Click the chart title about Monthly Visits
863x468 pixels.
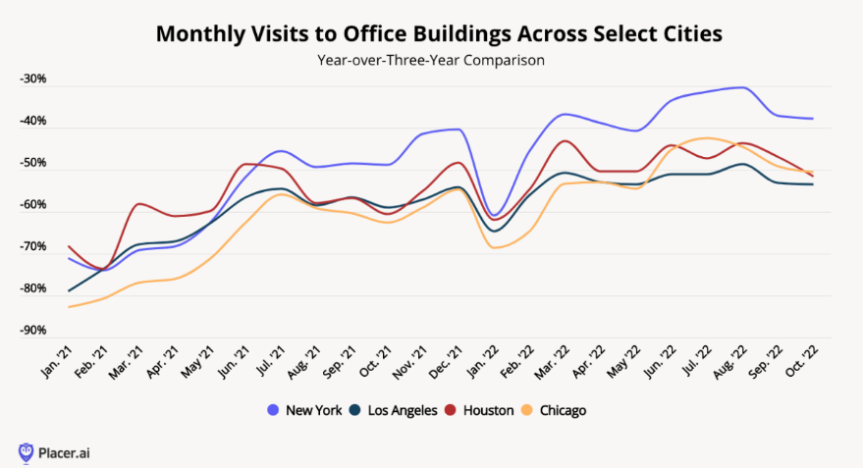pos(439,33)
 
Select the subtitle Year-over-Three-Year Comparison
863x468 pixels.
pos(431,60)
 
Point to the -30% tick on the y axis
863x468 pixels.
pos(32,79)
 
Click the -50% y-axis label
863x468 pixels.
pos(32,163)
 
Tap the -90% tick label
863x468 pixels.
pos(32,331)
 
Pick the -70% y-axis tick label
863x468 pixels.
pos(32,247)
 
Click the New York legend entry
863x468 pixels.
pos(305,410)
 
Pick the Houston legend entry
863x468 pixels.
pos(480,410)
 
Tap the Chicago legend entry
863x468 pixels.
pos(557,410)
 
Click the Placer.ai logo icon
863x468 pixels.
pos(26,452)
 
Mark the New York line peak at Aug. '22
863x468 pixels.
pos(743,87)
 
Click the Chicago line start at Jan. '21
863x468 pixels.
pos(69,307)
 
